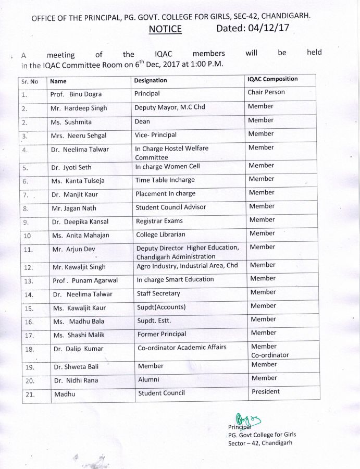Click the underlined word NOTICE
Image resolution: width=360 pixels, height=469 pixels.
point(165,29)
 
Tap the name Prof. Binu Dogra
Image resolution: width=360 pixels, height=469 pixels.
point(76,94)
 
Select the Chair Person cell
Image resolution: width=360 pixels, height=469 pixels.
point(266,93)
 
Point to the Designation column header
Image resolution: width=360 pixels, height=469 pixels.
point(151,81)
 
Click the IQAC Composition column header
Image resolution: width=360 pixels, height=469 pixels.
point(272,79)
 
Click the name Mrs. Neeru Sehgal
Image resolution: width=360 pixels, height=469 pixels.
point(79,135)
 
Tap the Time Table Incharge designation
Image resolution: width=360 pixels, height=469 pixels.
point(165,180)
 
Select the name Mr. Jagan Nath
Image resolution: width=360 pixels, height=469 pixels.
point(74,208)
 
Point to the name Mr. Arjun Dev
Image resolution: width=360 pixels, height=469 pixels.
point(73,250)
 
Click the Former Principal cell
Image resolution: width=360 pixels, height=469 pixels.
point(162,335)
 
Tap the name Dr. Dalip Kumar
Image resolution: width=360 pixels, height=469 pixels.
point(78,349)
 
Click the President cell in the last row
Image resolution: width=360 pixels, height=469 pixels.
point(266,392)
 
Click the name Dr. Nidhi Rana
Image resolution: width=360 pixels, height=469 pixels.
point(76,380)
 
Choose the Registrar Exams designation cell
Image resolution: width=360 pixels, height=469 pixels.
point(160,221)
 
